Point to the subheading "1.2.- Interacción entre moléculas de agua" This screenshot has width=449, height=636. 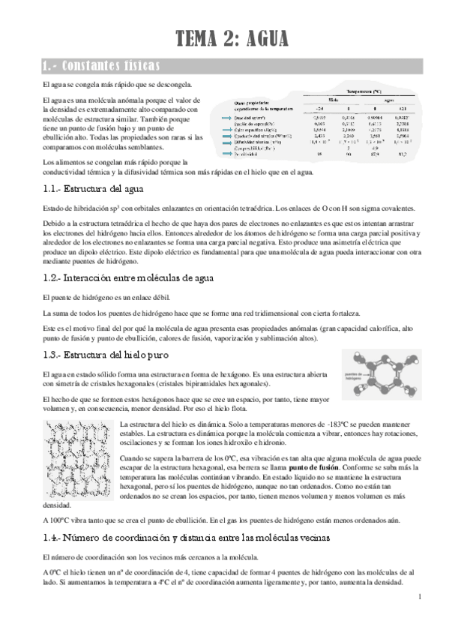click(139, 278)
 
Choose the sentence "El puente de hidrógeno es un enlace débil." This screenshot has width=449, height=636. click(102, 298)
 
